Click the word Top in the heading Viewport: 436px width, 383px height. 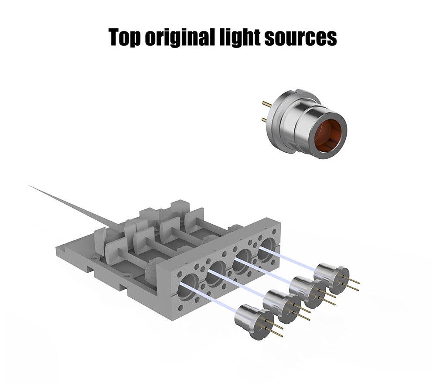click(x=126, y=37)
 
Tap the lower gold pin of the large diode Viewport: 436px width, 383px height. click(x=267, y=120)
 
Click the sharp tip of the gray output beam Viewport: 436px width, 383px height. click(x=29, y=185)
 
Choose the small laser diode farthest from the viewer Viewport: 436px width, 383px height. click(x=331, y=278)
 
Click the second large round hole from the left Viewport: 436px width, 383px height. click(x=218, y=273)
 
